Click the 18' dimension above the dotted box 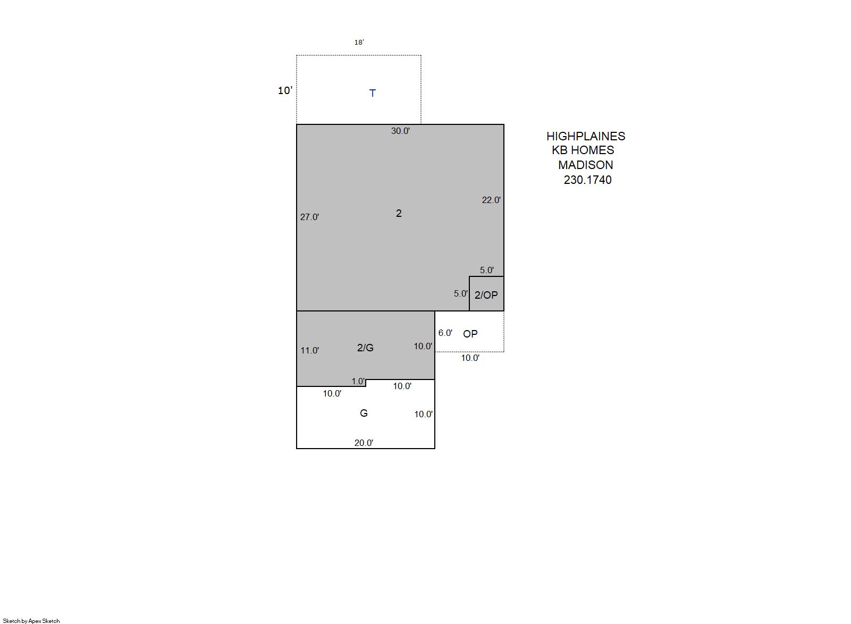[x=359, y=42]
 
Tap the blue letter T [x=373, y=93]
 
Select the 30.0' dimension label [x=400, y=131]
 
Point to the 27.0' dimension [x=310, y=217]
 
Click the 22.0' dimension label [x=491, y=200]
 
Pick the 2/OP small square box [x=487, y=293]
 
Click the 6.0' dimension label [x=445, y=333]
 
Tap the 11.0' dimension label [x=310, y=351]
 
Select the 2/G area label [x=366, y=348]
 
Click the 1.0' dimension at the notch [x=358, y=381]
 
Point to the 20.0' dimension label [x=364, y=443]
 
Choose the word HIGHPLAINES [x=586, y=136]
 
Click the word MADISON [x=586, y=165]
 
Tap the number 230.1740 [x=588, y=180]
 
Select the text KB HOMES [x=583, y=150]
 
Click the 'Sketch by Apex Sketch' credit [x=31, y=621]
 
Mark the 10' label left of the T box [x=285, y=90]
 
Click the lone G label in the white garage [x=364, y=413]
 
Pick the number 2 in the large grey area [x=399, y=214]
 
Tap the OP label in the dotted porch [x=470, y=334]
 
